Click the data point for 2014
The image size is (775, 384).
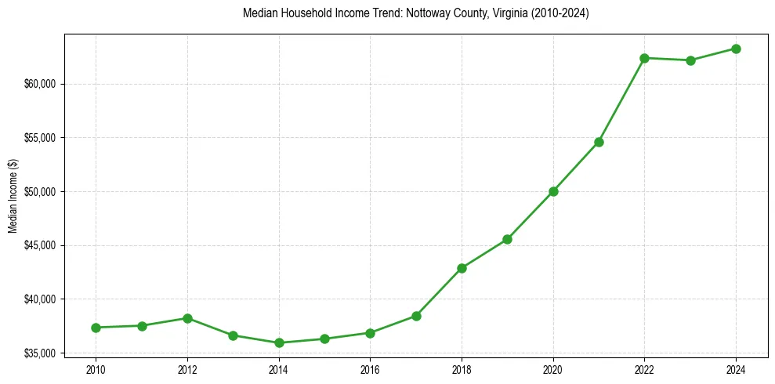(279, 342)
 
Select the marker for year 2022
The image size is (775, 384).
(645, 58)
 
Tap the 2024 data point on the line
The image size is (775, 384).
(737, 49)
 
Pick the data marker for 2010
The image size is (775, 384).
(96, 328)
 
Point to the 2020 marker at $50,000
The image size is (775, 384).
(553, 191)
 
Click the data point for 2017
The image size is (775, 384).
(416, 316)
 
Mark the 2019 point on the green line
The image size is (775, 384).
(508, 239)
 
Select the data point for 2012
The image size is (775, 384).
(187, 318)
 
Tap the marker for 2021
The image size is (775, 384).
(599, 142)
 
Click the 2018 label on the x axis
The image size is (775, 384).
(462, 369)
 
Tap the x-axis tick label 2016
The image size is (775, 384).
(371, 369)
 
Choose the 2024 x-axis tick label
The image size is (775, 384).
(737, 369)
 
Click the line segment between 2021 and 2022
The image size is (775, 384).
(622, 100)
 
